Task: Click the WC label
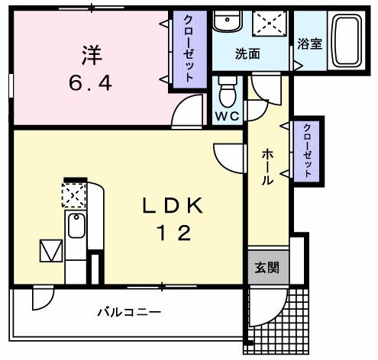[x=227, y=117]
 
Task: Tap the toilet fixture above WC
[x=227, y=94]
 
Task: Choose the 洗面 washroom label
[x=247, y=54]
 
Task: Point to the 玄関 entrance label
[x=267, y=268]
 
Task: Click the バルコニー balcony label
[x=128, y=312]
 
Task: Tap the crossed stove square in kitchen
[x=74, y=196]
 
